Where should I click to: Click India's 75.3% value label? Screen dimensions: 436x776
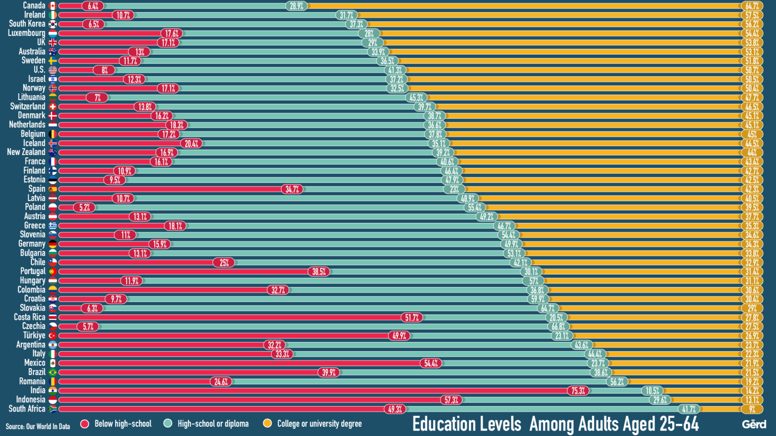click(x=578, y=391)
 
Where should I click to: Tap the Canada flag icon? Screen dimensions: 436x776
click(x=53, y=6)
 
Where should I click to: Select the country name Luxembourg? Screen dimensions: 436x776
click(x=27, y=33)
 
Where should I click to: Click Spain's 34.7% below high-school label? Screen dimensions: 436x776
click(x=292, y=189)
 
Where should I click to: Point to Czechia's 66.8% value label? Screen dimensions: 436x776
click(x=558, y=327)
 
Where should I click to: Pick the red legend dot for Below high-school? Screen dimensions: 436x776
click(x=85, y=424)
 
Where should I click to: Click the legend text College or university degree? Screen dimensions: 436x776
click(x=319, y=424)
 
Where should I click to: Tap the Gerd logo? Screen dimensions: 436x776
click(x=754, y=424)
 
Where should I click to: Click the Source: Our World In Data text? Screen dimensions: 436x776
click(x=38, y=426)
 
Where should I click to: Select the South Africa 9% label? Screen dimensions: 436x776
click(x=752, y=409)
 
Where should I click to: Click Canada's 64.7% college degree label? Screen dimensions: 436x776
click(x=752, y=6)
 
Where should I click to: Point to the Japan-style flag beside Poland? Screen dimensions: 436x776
click(x=53, y=207)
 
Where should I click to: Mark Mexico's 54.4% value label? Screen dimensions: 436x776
click(x=431, y=364)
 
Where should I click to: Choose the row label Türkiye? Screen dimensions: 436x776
click(x=34, y=335)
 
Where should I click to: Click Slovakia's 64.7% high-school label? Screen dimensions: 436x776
click(x=548, y=308)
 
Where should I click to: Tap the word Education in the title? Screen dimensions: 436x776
click(x=467, y=424)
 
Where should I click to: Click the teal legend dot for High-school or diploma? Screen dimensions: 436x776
click(x=168, y=424)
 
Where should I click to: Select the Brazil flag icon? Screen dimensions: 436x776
click(x=53, y=372)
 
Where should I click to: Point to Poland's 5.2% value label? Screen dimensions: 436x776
click(x=85, y=208)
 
